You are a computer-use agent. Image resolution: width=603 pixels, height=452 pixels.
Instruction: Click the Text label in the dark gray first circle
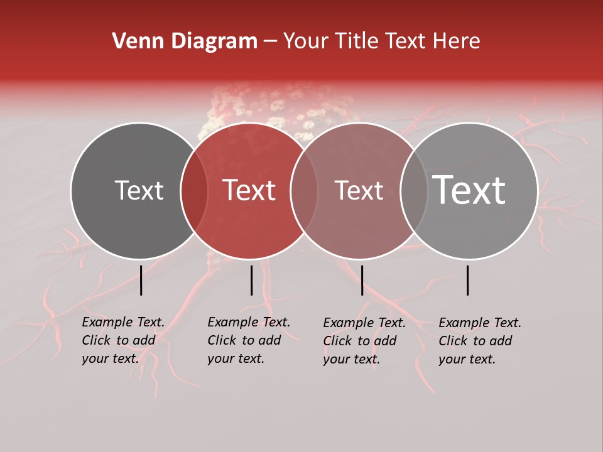139,191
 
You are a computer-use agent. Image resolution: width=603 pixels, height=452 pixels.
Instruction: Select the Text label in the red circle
249,191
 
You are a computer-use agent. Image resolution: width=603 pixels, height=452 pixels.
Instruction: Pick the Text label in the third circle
359,191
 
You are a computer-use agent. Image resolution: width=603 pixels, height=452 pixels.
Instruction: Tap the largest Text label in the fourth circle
469,191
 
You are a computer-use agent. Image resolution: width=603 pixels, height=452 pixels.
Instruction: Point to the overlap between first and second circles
194,191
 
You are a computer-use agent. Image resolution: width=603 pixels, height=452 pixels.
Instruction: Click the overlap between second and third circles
304,191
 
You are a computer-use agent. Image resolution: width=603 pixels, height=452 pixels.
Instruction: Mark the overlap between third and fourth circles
414,191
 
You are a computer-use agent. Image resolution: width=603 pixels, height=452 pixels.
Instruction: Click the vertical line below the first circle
141,280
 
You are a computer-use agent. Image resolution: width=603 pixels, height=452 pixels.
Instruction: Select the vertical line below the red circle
251,280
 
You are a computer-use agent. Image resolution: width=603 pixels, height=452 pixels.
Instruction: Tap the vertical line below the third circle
362,280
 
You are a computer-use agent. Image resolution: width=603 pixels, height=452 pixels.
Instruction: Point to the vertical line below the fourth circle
467,280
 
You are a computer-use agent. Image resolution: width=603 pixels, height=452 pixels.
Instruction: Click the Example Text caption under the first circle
123,340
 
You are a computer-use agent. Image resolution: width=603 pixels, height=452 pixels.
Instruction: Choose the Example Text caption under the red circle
249,340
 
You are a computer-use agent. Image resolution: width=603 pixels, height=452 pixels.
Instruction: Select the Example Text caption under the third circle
364,341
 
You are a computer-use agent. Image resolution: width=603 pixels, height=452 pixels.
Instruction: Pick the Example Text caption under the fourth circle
480,341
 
